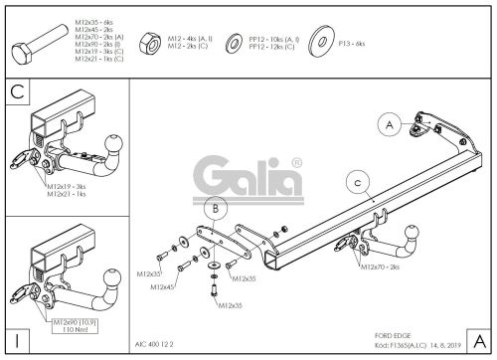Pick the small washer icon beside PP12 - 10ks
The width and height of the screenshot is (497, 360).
click(x=231, y=45)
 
